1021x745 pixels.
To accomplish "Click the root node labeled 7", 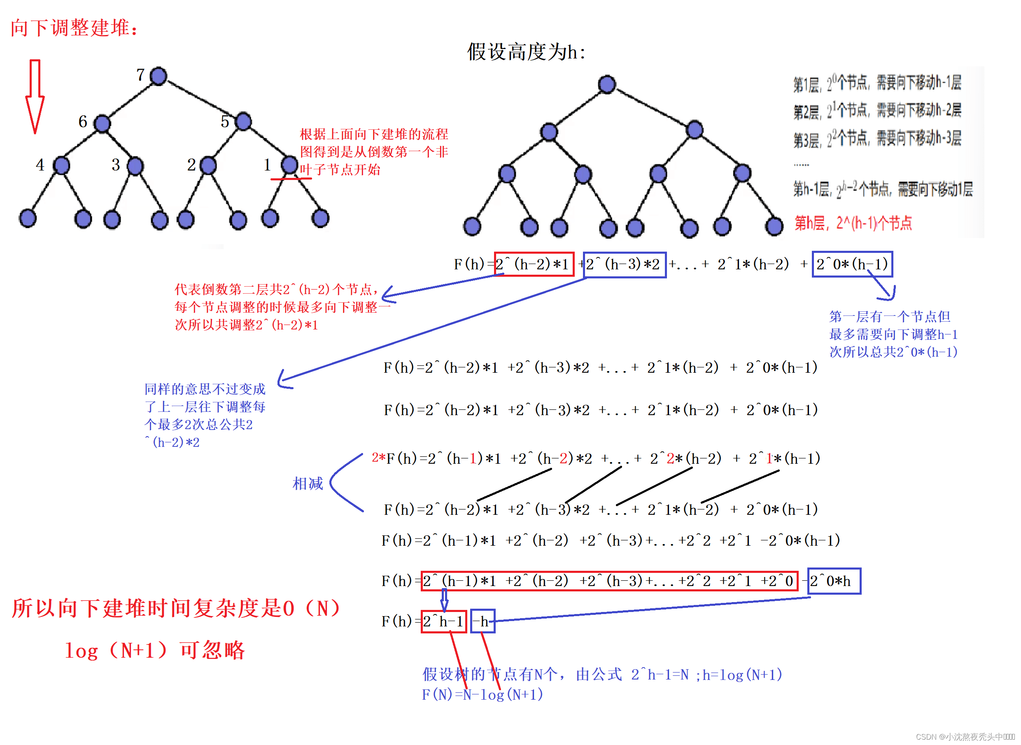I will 158,76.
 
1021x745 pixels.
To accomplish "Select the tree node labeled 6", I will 103,123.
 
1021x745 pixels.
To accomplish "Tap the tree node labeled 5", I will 243,121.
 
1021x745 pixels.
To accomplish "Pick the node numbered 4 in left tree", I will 61,166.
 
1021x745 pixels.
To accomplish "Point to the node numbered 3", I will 135,166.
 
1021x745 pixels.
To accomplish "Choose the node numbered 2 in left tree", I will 208,166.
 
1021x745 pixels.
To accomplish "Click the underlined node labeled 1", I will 289,165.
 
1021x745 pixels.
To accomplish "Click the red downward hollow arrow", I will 35,96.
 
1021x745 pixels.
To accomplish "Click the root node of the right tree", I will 607,84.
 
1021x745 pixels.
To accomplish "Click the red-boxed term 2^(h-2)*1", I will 534,264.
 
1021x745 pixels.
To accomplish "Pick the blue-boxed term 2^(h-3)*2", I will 624,265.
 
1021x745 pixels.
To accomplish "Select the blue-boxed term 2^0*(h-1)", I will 852,264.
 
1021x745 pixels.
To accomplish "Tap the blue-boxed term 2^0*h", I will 834,581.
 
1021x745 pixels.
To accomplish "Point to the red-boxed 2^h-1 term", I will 443,621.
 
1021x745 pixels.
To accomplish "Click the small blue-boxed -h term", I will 483,621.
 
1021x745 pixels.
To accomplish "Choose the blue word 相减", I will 308,483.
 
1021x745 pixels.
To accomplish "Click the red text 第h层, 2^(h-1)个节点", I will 853,223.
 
